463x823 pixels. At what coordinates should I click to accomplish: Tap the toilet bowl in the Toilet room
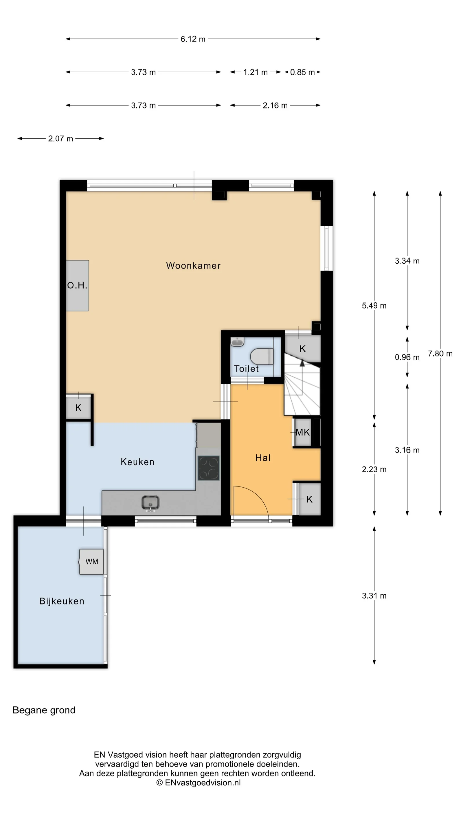(x=262, y=356)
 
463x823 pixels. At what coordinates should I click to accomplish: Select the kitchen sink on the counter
(x=150, y=503)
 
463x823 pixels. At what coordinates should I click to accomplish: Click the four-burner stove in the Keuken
(x=209, y=468)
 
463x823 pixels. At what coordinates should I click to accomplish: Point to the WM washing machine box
(x=91, y=562)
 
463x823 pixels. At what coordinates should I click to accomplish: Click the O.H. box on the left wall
(x=77, y=285)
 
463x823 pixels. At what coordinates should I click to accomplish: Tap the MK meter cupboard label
(x=303, y=432)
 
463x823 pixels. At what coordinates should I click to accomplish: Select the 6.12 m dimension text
(x=193, y=39)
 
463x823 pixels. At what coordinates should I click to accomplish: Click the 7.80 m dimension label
(x=440, y=354)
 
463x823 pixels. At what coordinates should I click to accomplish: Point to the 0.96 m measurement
(x=407, y=357)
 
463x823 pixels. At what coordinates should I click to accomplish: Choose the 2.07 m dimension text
(x=60, y=139)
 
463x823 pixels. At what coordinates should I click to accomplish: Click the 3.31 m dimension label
(x=374, y=596)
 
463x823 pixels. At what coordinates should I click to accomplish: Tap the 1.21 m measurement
(x=255, y=72)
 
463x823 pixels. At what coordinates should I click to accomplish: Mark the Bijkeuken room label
(x=62, y=601)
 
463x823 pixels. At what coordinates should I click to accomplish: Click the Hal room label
(x=263, y=458)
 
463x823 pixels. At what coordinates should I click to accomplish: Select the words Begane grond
(x=44, y=710)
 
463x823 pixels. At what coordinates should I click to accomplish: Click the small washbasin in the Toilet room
(x=237, y=342)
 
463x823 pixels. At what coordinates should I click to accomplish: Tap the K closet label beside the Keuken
(x=78, y=408)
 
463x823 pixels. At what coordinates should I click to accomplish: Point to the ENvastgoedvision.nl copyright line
(x=199, y=782)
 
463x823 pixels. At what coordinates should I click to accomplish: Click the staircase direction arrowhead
(x=302, y=363)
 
